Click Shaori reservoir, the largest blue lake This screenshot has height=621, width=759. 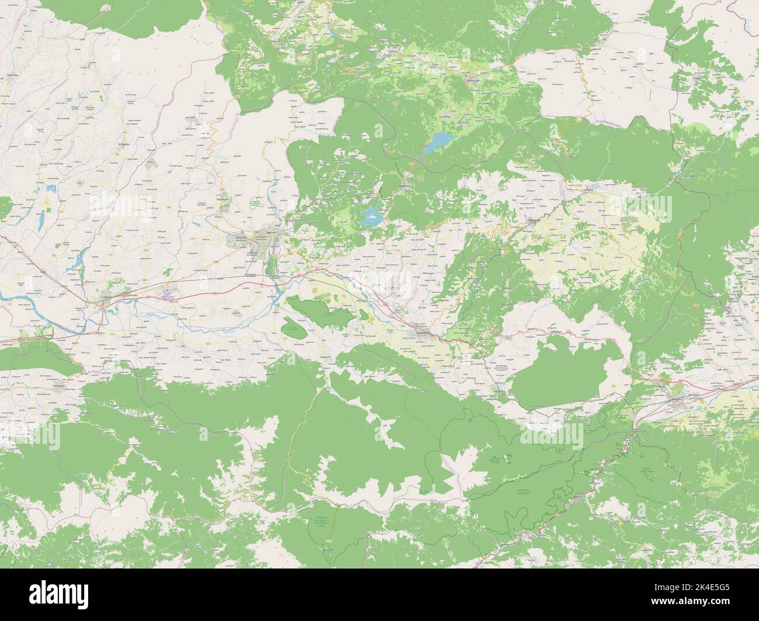(439, 142)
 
